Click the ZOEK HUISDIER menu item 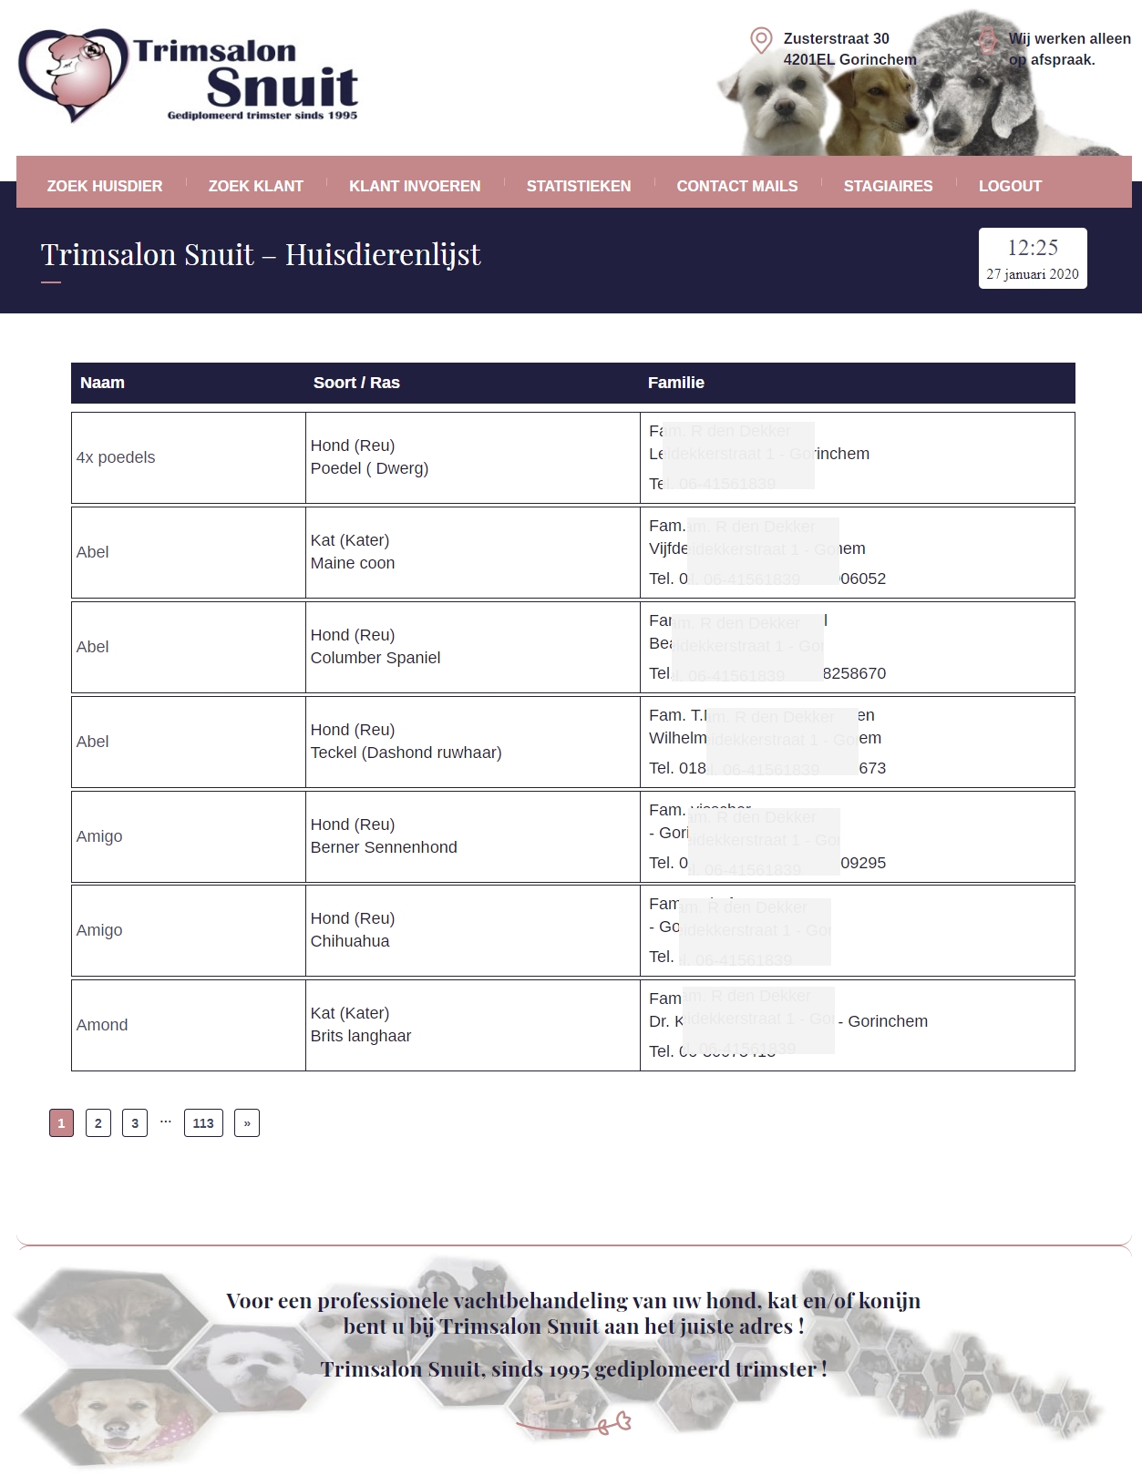coord(105,186)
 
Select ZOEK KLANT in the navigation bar coord(255,186)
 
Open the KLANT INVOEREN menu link coord(415,186)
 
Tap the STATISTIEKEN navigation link coord(579,186)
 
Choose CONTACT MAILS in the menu coord(736,186)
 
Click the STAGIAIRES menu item coord(888,186)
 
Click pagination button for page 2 coord(98,1123)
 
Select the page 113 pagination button coord(203,1123)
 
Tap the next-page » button coord(247,1123)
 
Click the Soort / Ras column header coord(356,383)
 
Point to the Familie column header coord(675,383)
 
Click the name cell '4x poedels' coord(116,457)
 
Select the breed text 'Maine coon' coord(353,563)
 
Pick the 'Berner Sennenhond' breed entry coord(384,847)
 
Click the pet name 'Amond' coord(102,1025)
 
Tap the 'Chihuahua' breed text coord(350,941)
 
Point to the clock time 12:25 coord(1033,248)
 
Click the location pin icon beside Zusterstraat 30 coord(761,40)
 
